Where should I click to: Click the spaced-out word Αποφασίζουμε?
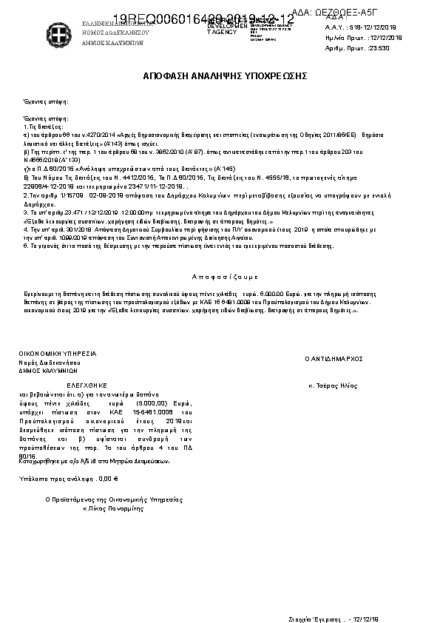point(225,276)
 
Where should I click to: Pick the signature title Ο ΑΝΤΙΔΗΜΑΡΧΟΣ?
point(334,358)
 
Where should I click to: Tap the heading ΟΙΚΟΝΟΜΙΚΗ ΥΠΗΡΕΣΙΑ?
point(58,354)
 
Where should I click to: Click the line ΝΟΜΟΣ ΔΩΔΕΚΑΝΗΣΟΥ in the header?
point(115,33)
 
